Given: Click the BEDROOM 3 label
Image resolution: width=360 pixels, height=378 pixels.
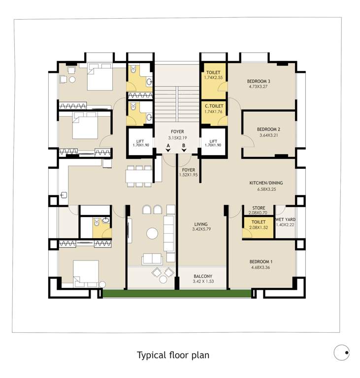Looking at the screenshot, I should [259, 81].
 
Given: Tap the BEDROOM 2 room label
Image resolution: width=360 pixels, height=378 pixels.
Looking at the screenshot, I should [268, 129].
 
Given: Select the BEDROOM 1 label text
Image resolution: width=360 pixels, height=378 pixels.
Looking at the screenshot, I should [261, 261].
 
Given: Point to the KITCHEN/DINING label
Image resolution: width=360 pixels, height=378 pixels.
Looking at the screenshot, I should [265, 183].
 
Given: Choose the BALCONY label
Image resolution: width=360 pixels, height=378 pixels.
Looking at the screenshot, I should [203, 276].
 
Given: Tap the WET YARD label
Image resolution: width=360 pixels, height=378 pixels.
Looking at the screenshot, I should [285, 219].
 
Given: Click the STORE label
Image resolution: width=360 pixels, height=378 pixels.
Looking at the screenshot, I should [259, 208].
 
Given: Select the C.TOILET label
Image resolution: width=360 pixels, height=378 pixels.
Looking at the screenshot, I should [214, 106].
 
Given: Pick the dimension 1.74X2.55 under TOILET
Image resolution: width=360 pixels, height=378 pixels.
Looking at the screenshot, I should [214, 78].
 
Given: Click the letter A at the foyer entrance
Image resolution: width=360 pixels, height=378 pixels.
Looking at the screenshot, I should [168, 146].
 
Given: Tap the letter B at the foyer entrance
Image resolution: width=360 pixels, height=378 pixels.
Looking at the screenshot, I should [184, 146].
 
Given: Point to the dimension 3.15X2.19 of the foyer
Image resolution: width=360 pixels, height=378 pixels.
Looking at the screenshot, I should [178, 138].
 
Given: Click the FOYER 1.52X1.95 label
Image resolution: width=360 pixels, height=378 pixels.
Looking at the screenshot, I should [188, 172].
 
